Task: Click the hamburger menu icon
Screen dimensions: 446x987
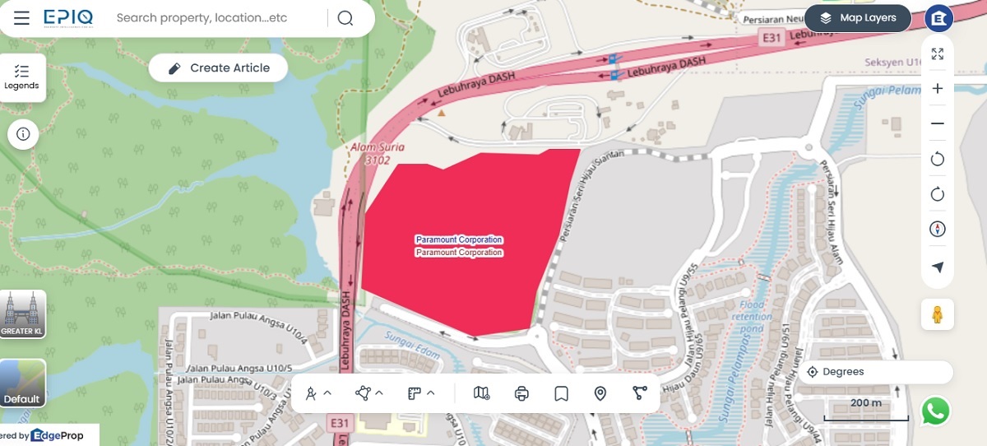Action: point(22,18)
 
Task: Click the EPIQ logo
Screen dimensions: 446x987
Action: point(68,17)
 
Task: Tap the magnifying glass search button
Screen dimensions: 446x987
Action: point(345,18)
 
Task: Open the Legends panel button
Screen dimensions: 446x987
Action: point(21,78)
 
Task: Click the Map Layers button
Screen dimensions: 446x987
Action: point(858,18)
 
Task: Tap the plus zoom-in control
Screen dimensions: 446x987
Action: point(937,89)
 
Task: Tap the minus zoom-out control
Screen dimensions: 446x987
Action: point(937,123)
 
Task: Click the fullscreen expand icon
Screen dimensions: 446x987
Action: point(937,54)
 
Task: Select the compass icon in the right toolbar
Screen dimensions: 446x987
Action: point(937,230)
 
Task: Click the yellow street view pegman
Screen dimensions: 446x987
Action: point(937,314)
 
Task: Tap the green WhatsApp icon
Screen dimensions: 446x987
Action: point(935,411)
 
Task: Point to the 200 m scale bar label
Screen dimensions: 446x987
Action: point(866,403)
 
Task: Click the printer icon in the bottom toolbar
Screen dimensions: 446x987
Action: point(521,393)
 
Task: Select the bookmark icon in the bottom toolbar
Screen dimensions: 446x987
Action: point(561,393)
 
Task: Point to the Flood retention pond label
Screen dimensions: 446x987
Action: point(752,317)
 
